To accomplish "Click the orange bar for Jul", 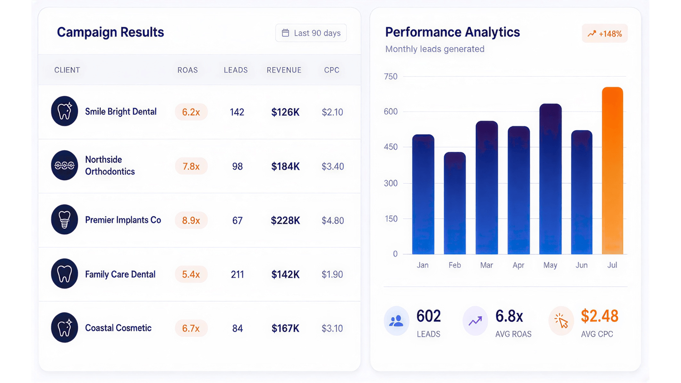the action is [x=612, y=171].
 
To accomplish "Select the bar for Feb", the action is [x=455, y=203].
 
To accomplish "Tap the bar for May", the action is [x=550, y=179].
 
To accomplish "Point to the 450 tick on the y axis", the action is [x=390, y=147].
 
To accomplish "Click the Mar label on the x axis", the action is [x=486, y=265].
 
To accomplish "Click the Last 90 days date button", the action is [x=311, y=33].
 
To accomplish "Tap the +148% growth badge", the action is [x=605, y=34].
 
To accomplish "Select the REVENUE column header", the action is [x=284, y=70].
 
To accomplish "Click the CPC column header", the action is [x=332, y=70].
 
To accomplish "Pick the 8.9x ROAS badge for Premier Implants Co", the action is [x=191, y=221].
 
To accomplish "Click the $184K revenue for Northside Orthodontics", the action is [x=286, y=166].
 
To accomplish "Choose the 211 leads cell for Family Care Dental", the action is [x=237, y=275].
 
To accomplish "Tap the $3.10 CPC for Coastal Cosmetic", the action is [x=332, y=328].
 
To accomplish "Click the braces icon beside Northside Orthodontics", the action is [x=64, y=165].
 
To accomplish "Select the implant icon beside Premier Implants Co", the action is [x=64, y=220].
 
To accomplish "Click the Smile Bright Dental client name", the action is [x=121, y=112].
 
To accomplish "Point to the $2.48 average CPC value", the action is [x=600, y=316].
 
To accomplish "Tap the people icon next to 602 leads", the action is [x=396, y=321].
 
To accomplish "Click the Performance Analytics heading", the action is [x=452, y=32].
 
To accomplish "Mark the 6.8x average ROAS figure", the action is [x=509, y=316].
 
